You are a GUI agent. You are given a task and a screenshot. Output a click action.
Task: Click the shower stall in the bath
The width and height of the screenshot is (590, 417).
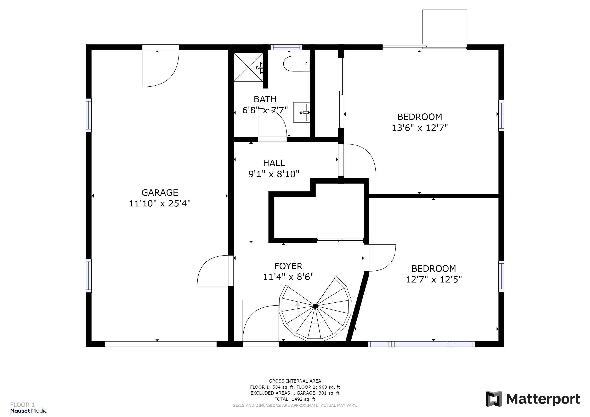[248, 67]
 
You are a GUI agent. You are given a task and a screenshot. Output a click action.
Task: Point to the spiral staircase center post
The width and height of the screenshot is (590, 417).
[315, 306]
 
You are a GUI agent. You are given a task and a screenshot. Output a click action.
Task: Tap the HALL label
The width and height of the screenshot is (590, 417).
[274, 163]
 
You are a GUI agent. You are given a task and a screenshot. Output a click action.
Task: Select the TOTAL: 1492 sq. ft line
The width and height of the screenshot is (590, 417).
[295, 399]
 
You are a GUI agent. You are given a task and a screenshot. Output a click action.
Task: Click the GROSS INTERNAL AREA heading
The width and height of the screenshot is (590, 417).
[295, 381]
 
